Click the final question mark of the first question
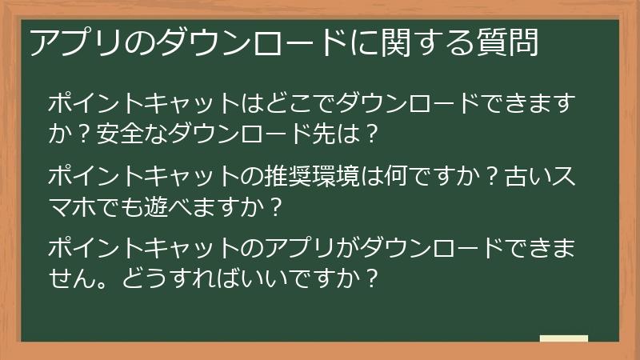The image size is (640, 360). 369,132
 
